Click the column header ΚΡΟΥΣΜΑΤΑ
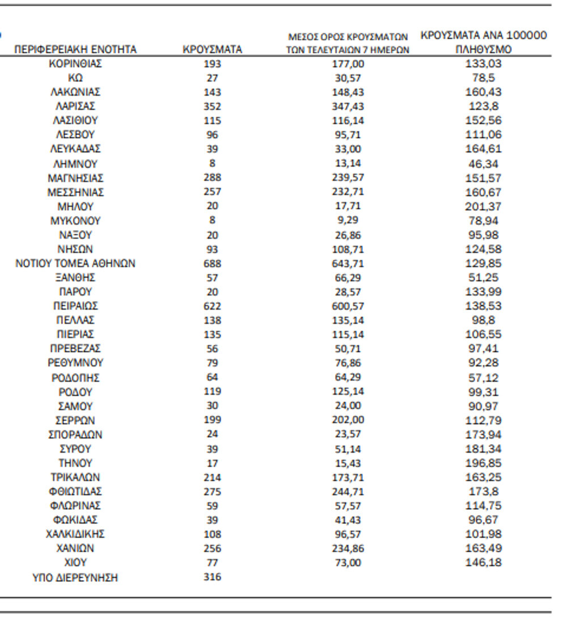click(x=212, y=50)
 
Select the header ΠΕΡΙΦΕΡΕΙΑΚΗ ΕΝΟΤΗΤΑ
click(x=75, y=50)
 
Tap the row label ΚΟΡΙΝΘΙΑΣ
click(x=75, y=64)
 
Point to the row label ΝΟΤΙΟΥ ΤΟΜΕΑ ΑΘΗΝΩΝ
click(x=75, y=263)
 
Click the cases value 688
click(x=212, y=263)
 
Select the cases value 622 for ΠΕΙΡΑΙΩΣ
click(x=212, y=306)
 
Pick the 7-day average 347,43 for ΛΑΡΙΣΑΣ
click(x=348, y=106)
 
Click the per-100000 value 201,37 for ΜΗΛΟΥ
click(x=483, y=206)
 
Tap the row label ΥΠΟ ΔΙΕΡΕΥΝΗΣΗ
click(x=75, y=578)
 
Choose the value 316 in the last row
click(x=212, y=577)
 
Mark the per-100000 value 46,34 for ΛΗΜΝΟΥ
click(x=483, y=164)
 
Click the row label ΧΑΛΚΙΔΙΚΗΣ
click(x=75, y=534)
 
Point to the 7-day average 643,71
click(x=348, y=263)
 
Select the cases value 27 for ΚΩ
click(x=212, y=78)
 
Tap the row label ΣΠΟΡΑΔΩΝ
click(x=75, y=435)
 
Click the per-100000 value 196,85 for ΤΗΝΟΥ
click(x=483, y=463)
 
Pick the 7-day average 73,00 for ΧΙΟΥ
click(x=348, y=563)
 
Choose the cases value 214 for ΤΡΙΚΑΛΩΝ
click(x=212, y=477)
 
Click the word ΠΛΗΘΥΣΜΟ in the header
click(x=483, y=50)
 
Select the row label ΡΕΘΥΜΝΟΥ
click(x=75, y=363)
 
